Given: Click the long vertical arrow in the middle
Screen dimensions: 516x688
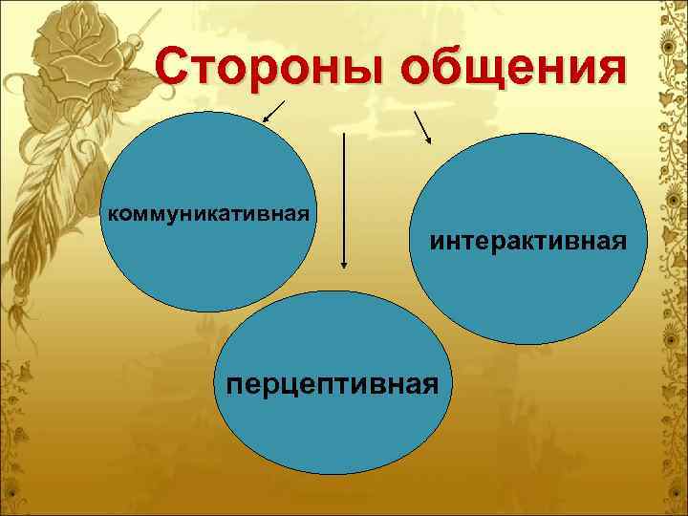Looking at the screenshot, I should coord(342,201).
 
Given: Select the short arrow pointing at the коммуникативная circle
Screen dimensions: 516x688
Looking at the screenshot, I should coord(273,113).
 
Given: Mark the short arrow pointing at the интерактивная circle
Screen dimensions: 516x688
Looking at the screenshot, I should coord(421,125).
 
